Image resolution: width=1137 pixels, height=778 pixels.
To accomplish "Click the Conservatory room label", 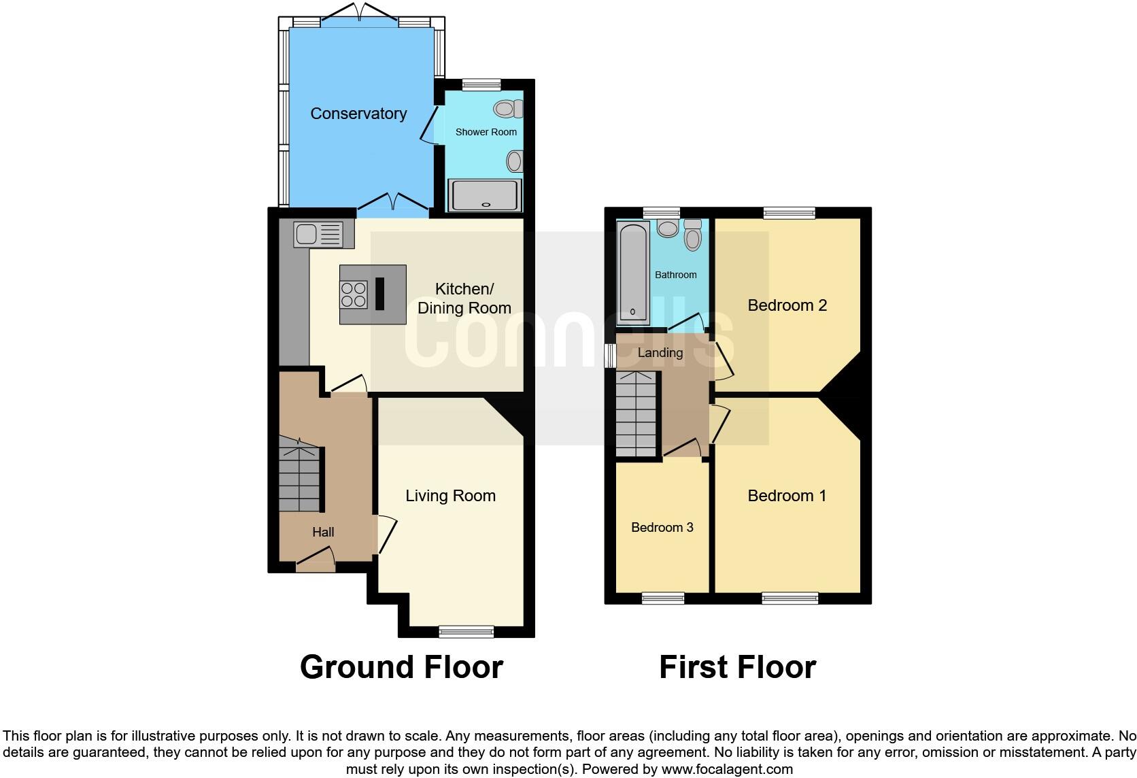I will pyautogui.click(x=358, y=114).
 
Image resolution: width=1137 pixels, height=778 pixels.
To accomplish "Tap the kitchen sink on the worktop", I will pyautogui.click(x=318, y=235).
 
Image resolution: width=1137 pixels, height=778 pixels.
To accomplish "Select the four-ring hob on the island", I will pyautogui.click(x=354, y=294).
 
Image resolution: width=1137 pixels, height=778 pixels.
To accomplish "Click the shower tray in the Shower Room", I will pyautogui.click(x=484, y=195).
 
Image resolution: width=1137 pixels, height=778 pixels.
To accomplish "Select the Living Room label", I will pyautogui.click(x=450, y=496).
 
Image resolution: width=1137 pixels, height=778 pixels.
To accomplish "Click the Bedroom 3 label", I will pyautogui.click(x=662, y=528).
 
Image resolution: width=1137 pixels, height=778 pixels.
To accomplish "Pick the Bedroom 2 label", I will pyautogui.click(x=787, y=305).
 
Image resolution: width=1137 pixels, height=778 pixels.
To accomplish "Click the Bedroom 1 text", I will pyautogui.click(x=787, y=496).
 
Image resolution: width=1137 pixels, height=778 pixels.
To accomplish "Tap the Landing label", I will pyautogui.click(x=660, y=352).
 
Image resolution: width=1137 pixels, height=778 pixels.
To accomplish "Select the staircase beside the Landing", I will pyautogui.click(x=636, y=414).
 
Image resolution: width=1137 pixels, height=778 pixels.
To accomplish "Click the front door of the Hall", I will pyautogui.click(x=316, y=564).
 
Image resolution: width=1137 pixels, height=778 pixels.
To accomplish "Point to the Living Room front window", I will pyautogui.click(x=466, y=632).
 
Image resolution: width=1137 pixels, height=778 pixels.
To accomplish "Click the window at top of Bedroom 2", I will pyautogui.click(x=789, y=213).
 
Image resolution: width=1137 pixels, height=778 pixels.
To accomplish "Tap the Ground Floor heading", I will pyautogui.click(x=401, y=667).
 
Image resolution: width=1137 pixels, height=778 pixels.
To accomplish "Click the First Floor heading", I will pyautogui.click(x=737, y=667).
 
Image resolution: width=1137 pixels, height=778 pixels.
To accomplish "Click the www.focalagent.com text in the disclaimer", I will pyautogui.click(x=727, y=770).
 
